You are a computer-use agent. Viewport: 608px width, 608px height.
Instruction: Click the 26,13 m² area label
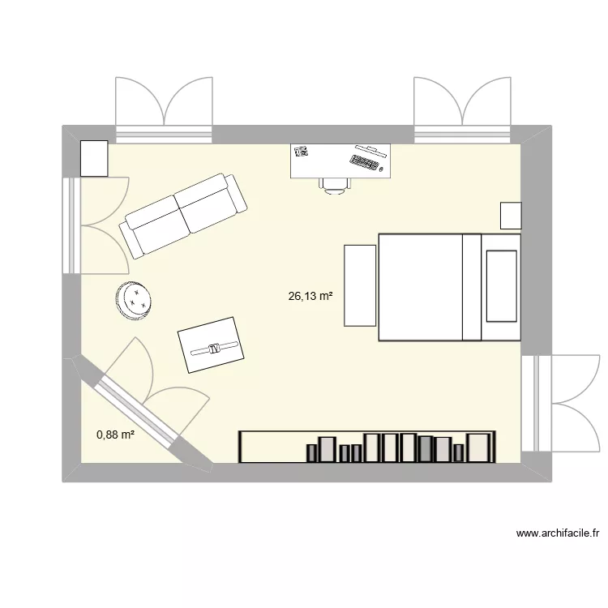310,297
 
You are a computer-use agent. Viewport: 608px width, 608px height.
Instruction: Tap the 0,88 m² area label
115,435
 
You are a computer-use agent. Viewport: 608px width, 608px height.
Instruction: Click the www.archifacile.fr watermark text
557,533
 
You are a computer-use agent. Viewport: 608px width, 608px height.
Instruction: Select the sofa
183,214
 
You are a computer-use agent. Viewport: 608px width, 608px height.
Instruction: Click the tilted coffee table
211,345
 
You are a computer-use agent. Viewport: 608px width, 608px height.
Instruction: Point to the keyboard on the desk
366,162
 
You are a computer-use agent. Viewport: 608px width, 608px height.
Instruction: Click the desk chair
335,186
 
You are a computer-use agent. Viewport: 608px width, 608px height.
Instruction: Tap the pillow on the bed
501,285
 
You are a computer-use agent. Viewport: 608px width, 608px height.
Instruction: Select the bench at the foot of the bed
361,285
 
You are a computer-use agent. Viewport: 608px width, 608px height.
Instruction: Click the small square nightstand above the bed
511,216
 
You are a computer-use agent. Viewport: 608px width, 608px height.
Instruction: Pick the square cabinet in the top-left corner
95,158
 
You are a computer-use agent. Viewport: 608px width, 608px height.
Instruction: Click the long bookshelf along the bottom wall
366,447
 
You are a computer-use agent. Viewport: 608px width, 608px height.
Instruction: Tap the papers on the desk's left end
302,151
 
